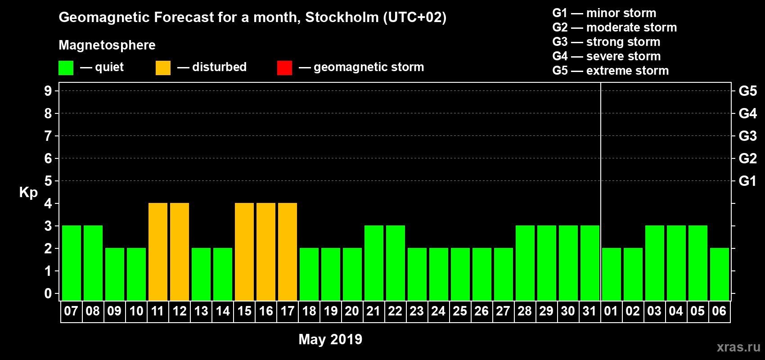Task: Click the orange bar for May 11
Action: pyautogui.click(x=158, y=252)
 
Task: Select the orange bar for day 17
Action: pyautogui.click(x=288, y=252)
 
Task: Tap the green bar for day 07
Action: pyautogui.click(x=72, y=263)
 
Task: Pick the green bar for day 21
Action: pyautogui.click(x=374, y=263)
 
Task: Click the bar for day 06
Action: pyautogui.click(x=720, y=274)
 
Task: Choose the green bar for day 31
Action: pyautogui.click(x=590, y=263)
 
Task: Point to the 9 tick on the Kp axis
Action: pyautogui.click(x=48, y=91)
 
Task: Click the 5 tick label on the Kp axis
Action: pyautogui.click(x=48, y=181)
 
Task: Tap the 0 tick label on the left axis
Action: pyautogui.click(x=48, y=293)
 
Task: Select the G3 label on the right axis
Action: pyautogui.click(x=747, y=136)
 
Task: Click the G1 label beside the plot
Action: pyautogui.click(x=747, y=181)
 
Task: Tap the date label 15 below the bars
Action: pyautogui.click(x=244, y=311)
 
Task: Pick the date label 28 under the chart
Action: pyautogui.click(x=525, y=311)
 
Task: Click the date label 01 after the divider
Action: pyautogui.click(x=611, y=311)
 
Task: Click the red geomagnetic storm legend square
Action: pyautogui.click(x=284, y=68)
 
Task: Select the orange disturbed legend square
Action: pyautogui.click(x=163, y=68)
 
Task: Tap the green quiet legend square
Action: pyautogui.click(x=66, y=68)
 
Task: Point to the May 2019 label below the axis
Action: pyautogui.click(x=330, y=339)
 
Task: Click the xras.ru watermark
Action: pyautogui.click(x=738, y=347)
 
